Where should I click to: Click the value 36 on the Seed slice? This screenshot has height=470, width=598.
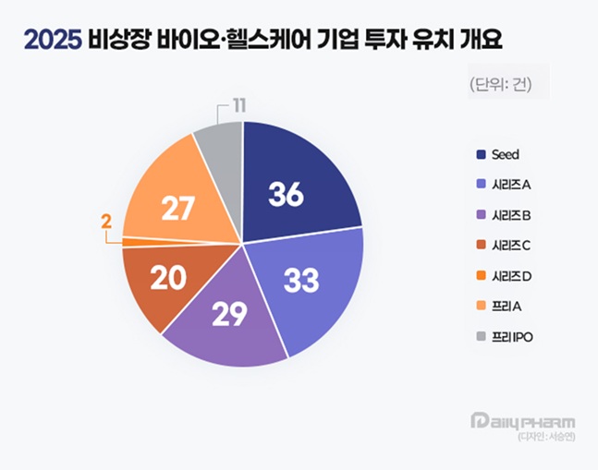tap(287, 194)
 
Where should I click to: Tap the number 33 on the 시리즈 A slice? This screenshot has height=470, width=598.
tap(301, 281)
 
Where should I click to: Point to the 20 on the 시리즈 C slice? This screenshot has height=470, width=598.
tap(167, 279)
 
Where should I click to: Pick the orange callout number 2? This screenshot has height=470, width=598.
tap(106, 222)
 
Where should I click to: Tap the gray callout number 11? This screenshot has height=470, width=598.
tap(238, 105)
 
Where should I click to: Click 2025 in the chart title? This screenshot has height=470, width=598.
tap(54, 40)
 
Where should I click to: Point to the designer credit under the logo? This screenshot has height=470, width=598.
tap(545, 437)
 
